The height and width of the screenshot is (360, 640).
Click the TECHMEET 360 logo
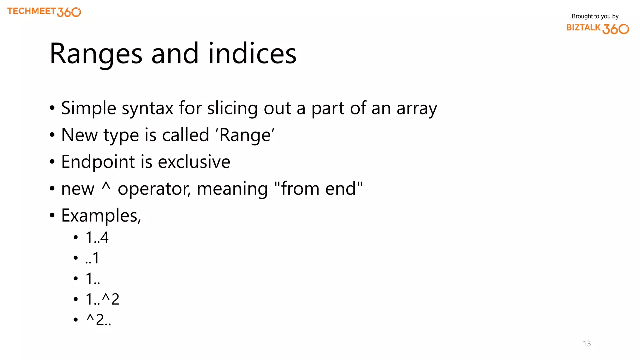[x=44, y=12]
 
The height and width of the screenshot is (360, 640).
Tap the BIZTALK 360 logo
[x=597, y=28]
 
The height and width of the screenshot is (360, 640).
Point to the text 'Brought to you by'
[x=595, y=16]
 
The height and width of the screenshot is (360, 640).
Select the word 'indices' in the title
[x=252, y=54]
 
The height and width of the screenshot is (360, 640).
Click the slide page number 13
[x=587, y=343]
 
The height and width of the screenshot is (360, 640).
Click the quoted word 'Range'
[x=245, y=135]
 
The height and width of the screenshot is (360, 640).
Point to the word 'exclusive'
[x=194, y=162]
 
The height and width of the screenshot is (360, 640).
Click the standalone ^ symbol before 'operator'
[x=106, y=187]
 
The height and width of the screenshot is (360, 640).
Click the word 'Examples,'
[x=101, y=216]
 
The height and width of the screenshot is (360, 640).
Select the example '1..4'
[x=97, y=237]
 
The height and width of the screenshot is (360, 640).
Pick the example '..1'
[x=92, y=258]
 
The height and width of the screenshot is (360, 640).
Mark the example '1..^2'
[x=102, y=299]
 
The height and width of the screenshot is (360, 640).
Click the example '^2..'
[x=98, y=320]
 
